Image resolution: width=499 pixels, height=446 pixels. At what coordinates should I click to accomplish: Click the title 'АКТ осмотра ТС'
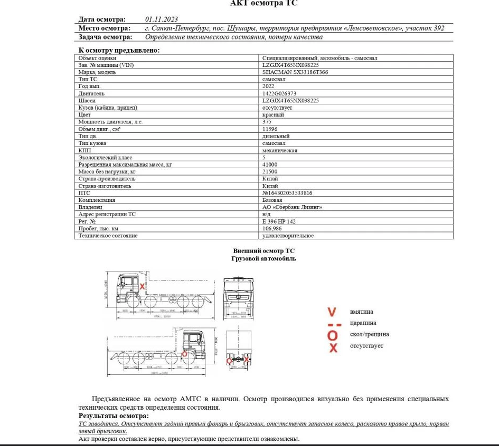[264, 4]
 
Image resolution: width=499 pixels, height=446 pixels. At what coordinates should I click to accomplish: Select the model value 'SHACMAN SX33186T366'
[295, 72]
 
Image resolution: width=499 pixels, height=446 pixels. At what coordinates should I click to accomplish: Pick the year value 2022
[268, 86]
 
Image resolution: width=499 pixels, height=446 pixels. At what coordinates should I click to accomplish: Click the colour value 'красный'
[273, 114]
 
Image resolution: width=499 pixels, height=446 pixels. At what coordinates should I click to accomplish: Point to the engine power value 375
[267, 122]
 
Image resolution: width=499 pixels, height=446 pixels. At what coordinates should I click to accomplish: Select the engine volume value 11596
[270, 129]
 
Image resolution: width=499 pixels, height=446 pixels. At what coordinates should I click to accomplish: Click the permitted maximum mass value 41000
[270, 164]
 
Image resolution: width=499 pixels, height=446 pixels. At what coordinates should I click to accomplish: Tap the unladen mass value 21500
[270, 171]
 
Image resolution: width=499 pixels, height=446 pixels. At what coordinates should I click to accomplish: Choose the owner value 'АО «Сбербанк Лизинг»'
[292, 207]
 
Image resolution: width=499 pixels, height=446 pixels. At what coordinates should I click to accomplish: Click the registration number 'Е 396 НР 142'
[279, 221]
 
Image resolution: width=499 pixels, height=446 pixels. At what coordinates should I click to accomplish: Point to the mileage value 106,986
[271, 229]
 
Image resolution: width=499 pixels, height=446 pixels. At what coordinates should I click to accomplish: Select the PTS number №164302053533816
[287, 193]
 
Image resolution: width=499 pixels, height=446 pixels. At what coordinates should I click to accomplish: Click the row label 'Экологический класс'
[105, 157]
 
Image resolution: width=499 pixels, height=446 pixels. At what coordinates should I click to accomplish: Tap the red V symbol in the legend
[332, 312]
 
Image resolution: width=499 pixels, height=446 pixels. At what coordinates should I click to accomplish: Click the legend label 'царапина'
[363, 323]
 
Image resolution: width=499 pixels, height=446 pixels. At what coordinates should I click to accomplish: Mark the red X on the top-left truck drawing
[143, 286]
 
